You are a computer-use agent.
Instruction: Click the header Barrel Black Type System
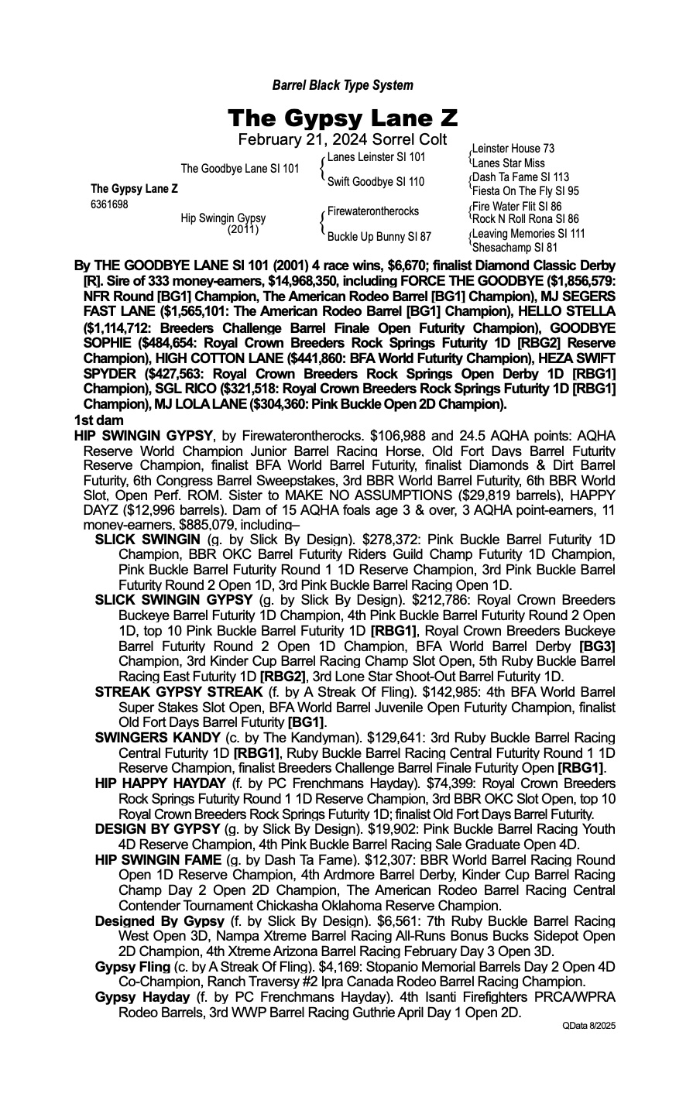pos(342,85)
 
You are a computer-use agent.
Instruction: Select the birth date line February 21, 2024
pos(342,139)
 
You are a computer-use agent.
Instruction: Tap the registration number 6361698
pos(109,204)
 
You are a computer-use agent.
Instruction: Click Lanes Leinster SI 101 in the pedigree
pos(376,157)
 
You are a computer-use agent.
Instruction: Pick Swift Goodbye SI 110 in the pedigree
pos(376,182)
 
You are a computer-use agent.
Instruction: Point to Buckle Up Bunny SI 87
pos(379,236)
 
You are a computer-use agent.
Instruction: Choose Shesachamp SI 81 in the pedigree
pos(514,248)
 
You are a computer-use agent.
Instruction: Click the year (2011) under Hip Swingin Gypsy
pos(243,229)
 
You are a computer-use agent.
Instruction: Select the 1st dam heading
pos(93,420)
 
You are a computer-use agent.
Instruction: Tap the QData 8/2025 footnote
pos(588,1025)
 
